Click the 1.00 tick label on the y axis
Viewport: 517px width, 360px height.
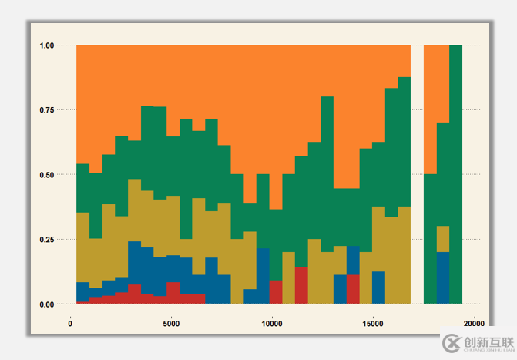point(47,45)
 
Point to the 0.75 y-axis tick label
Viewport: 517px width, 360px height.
point(47,110)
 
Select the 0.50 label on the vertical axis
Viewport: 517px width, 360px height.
point(47,175)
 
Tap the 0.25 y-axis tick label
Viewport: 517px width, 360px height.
point(47,240)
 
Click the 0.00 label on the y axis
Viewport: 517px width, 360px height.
point(47,304)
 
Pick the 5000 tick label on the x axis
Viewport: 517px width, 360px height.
point(171,323)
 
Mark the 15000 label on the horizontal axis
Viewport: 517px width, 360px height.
point(373,323)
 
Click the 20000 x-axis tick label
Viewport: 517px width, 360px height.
point(474,323)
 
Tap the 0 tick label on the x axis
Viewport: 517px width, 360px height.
point(70,323)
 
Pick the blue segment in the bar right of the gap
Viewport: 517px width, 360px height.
point(443,278)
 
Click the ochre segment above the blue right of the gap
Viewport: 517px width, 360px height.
point(443,239)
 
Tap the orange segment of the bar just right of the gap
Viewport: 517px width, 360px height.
point(430,108)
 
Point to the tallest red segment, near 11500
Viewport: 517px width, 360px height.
point(301,285)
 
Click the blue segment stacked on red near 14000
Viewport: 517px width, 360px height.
point(353,260)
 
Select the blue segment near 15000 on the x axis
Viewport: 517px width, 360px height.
point(378,288)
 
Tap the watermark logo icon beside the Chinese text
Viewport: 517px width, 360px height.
point(451,344)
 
